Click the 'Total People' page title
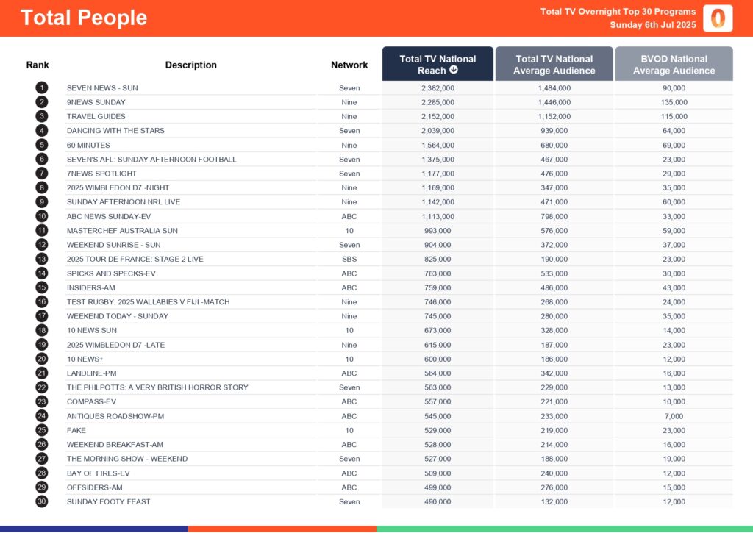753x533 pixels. click(84, 18)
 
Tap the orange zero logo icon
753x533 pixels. click(718, 18)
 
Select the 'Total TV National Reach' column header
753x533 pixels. click(438, 65)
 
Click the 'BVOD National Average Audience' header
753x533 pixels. click(674, 65)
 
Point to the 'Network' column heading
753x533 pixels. click(349, 65)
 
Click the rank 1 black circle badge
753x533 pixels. click(42, 88)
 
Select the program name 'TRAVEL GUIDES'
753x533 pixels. click(96, 116)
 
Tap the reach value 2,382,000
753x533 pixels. click(438, 88)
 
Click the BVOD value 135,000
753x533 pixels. click(674, 102)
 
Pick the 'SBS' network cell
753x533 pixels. click(349, 259)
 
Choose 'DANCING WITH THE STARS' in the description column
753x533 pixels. click(115, 131)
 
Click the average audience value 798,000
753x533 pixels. click(554, 216)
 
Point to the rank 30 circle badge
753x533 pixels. click(42, 501)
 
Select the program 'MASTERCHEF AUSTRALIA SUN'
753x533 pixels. click(122, 231)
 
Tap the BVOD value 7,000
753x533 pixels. click(674, 416)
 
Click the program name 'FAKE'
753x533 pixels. click(76, 430)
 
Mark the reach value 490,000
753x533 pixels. click(438, 501)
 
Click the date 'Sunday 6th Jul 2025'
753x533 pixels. click(652, 25)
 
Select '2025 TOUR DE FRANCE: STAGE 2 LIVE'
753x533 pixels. click(135, 259)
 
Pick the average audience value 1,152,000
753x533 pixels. click(554, 116)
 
